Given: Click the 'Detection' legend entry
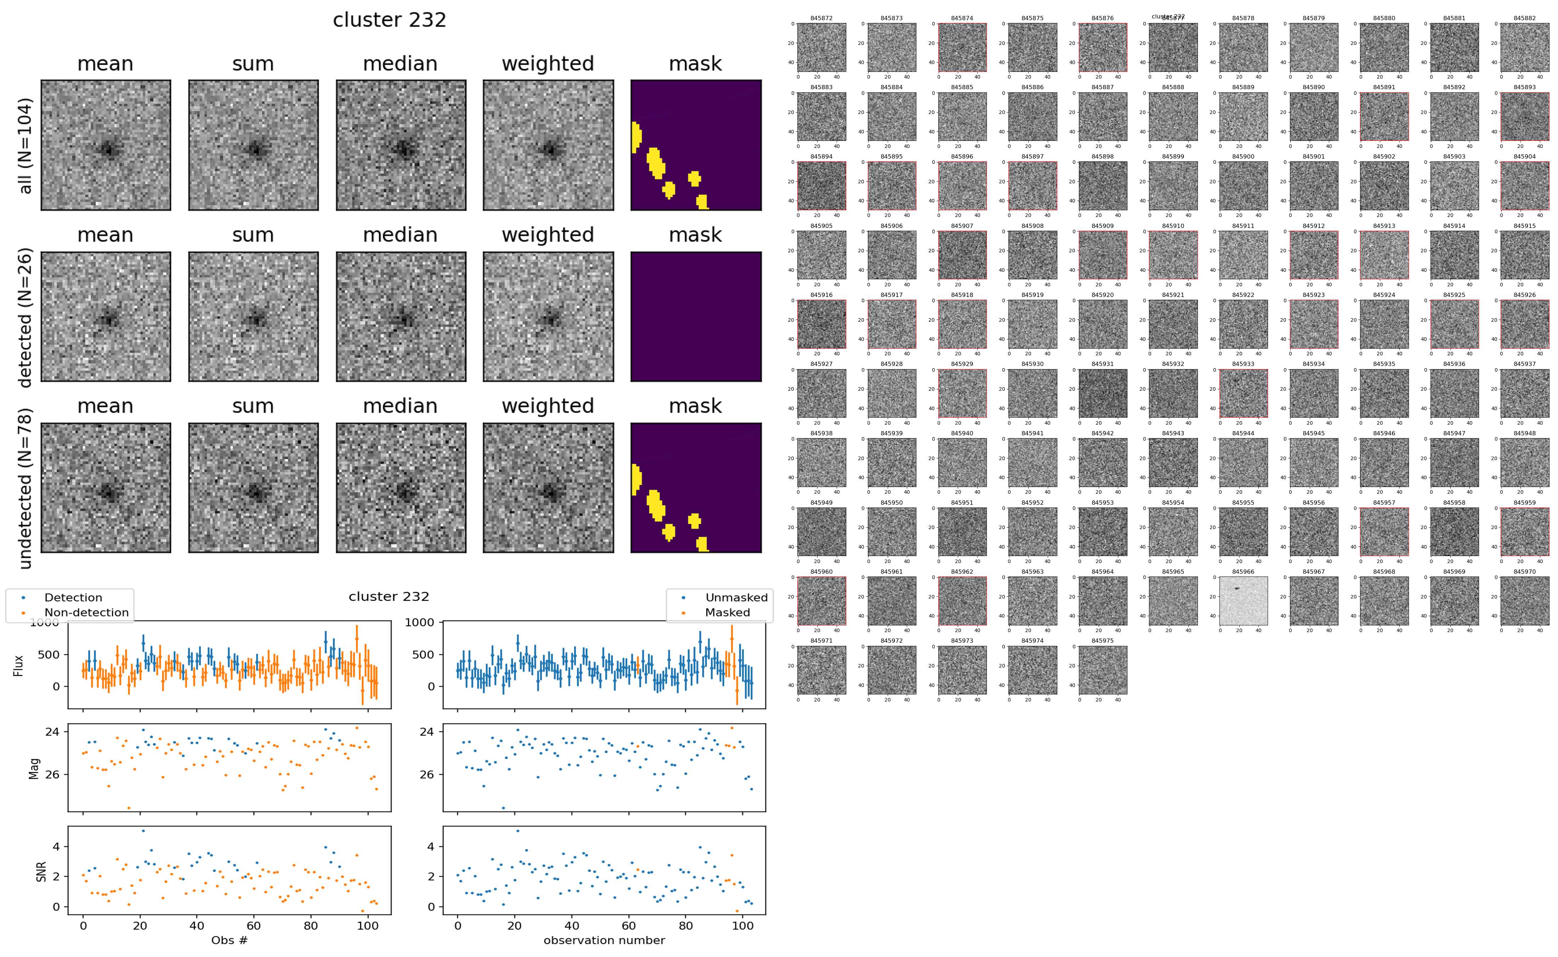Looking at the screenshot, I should tap(73, 597).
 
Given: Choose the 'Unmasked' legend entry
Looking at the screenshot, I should tap(736, 597).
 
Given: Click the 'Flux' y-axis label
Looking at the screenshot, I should tap(18, 666).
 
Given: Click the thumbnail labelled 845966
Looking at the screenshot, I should tap(1243, 601).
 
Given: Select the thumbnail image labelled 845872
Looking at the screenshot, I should tap(821, 47).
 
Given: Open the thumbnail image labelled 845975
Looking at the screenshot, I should tap(1102, 670).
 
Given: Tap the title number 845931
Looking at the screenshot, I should tap(1102, 364).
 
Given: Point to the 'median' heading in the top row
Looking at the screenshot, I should tap(400, 64).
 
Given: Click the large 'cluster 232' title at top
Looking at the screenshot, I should tap(389, 20).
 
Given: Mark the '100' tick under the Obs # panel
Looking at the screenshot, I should tap(368, 926).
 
